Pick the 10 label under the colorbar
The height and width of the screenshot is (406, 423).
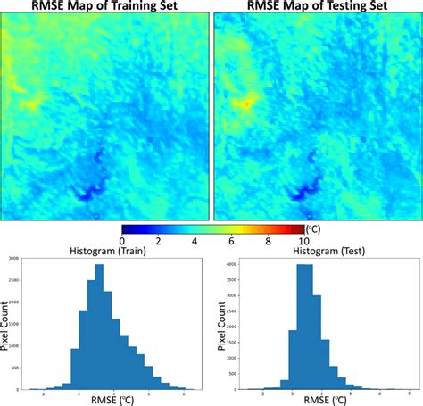[x=303, y=240]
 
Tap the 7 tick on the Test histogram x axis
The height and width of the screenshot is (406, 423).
[x=407, y=393]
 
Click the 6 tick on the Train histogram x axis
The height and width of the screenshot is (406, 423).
[x=184, y=393]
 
